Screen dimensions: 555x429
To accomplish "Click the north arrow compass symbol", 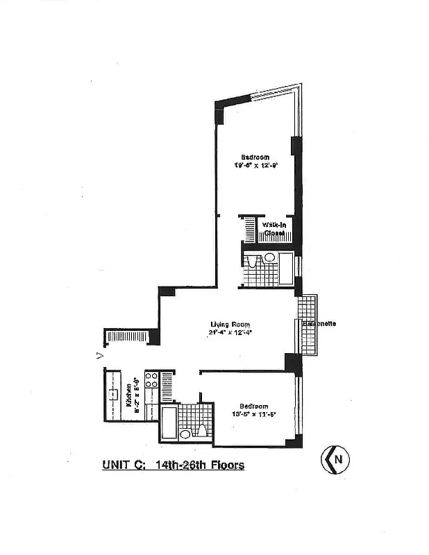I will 335,459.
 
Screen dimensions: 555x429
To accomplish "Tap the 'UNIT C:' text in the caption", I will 119,465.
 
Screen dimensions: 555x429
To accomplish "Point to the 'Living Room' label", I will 230,324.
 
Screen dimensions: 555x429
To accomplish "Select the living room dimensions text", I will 230,332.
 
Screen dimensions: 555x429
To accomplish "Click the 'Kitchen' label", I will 128,400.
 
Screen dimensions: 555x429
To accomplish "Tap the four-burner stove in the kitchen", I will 152,381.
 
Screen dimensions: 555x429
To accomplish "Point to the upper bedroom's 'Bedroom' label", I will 255,157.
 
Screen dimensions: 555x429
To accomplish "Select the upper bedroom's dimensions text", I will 255,166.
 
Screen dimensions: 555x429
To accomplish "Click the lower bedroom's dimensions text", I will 254,415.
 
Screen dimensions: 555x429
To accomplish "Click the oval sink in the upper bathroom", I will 269,257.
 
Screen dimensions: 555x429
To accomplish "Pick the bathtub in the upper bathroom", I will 286,270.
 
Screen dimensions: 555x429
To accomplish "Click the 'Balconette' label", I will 319,324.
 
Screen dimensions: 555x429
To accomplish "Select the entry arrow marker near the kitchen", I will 100,355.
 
